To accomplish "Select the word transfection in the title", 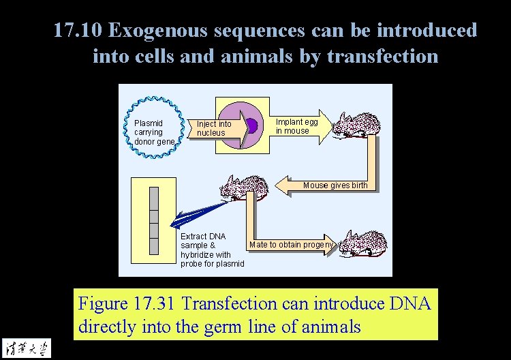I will (x=382, y=55).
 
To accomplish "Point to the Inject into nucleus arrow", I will (x=217, y=128).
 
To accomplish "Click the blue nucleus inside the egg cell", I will (x=251, y=125).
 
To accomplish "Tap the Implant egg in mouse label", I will (x=296, y=126).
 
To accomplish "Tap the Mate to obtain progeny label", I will (x=292, y=245).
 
